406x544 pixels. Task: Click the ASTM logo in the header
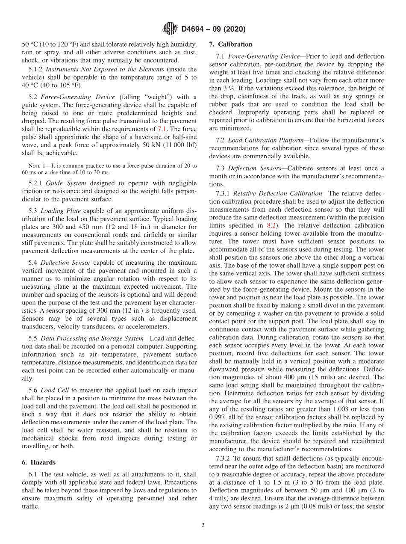tap(170, 29)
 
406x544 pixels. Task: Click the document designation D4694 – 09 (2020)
tap(213, 29)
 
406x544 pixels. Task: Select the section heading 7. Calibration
tap(231, 44)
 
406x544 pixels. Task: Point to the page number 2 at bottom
tap(203, 526)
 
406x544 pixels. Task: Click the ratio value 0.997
tap(218, 417)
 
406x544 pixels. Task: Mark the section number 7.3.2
tap(225, 458)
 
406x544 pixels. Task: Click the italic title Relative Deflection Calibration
tap(277, 194)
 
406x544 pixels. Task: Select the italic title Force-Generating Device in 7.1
tap(264, 56)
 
